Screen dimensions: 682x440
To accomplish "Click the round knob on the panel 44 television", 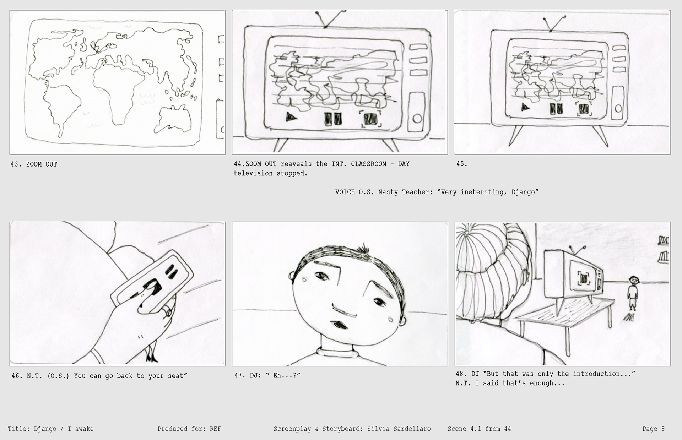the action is tap(417, 118).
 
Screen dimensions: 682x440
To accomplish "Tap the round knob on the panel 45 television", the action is tap(618, 108).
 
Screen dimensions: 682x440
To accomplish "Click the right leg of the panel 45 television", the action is tap(600, 135).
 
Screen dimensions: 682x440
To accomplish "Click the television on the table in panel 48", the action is tap(572, 276).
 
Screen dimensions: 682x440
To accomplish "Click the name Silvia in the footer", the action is tap(379, 429).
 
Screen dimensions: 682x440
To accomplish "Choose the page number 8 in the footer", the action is tap(663, 429).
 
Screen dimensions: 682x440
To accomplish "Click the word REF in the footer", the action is tap(216, 429).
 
